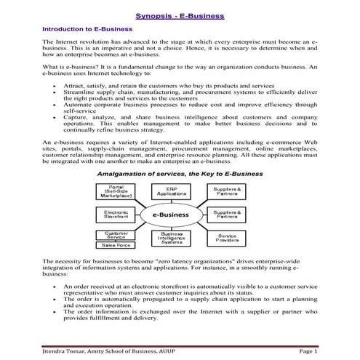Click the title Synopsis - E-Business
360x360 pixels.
click(x=180, y=15)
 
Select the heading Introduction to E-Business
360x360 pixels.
click(x=87, y=28)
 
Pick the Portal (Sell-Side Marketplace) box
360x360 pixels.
click(x=114, y=191)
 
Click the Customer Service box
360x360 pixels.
click(x=114, y=235)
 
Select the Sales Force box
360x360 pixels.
click(x=114, y=246)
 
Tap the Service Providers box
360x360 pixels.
click(x=227, y=237)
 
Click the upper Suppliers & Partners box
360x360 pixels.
click(x=227, y=192)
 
